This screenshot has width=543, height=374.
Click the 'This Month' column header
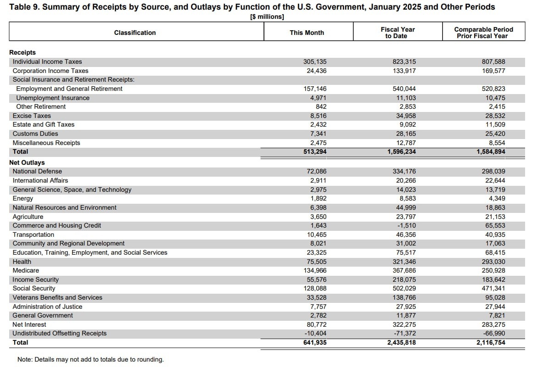pyautogui.click(x=307, y=33)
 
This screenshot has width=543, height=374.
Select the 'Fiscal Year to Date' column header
pyautogui.click(x=397, y=33)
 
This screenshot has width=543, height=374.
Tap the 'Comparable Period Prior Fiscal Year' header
pyautogui.click(x=483, y=33)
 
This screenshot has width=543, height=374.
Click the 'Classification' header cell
pyautogui.click(x=135, y=33)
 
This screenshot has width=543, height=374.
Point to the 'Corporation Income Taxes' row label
pyautogui.click(x=50, y=71)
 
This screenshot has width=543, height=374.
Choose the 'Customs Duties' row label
pyautogui.click(x=35, y=134)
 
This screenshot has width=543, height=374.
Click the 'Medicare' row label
pyautogui.click(x=26, y=270)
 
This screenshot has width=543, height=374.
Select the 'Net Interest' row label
pyautogui.click(x=29, y=324)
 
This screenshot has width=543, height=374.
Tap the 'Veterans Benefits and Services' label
pyautogui.click(x=57, y=297)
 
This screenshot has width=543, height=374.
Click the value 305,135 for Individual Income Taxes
pyautogui.click(x=315, y=61)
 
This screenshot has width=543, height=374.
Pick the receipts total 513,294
pyautogui.click(x=315, y=151)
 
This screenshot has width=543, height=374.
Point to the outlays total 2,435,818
pyautogui.click(x=402, y=342)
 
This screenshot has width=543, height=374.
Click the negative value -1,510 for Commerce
pyautogui.click(x=406, y=225)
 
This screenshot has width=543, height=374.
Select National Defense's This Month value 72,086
pyautogui.click(x=317, y=171)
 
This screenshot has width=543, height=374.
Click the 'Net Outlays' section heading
pyautogui.click(x=27, y=162)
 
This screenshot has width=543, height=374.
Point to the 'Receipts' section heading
pyautogui.click(x=22, y=52)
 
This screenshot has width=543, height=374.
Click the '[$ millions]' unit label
pyautogui.click(x=267, y=17)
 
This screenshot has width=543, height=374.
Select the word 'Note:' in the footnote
pyautogui.click(x=25, y=359)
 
